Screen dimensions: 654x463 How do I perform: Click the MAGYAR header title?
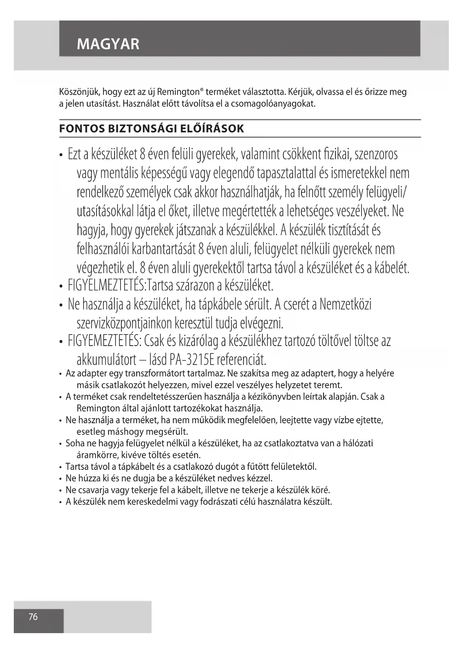(x=108, y=44)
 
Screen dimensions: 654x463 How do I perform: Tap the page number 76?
(x=33, y=617)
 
